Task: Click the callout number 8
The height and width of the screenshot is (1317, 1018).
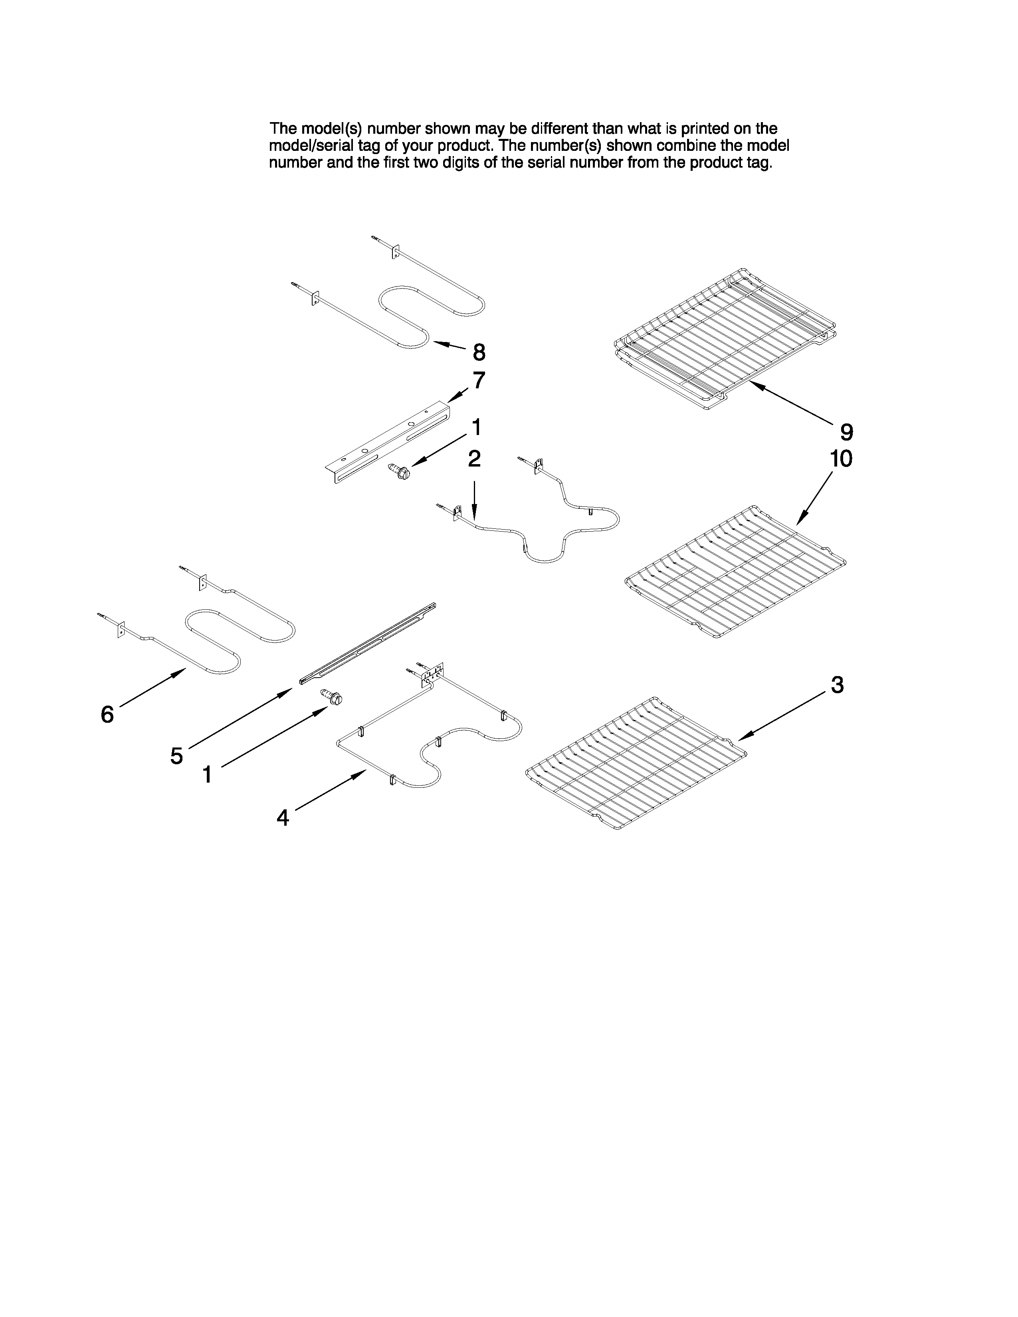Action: (x=479, y=352)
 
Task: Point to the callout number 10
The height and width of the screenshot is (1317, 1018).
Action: (x=841, y=459)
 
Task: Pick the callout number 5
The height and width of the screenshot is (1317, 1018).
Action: (x=176, y=755)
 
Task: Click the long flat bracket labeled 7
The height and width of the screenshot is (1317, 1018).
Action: (x=389, y=443)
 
